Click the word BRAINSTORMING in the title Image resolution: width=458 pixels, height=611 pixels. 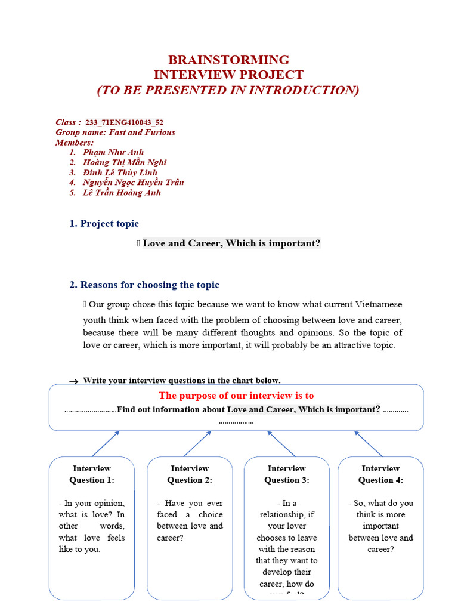[228, 60]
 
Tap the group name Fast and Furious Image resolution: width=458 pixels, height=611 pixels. [142, 132]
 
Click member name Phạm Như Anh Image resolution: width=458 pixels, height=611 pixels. [113, 152]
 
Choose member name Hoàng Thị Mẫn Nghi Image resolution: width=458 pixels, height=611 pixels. [125, 162]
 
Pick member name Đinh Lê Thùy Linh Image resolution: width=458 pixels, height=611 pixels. [120, 172]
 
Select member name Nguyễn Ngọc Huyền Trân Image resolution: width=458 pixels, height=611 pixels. [133, 183]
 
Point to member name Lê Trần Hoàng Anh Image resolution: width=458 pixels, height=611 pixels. [122, 193]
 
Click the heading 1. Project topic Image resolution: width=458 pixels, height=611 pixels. [104, 224]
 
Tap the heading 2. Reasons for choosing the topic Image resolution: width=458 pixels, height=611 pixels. [144, 285]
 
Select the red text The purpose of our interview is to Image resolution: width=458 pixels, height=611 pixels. [236, 396]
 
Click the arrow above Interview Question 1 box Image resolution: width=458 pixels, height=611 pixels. [106, 443]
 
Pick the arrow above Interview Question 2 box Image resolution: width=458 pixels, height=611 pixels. [197, 443]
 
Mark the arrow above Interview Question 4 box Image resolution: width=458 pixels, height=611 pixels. [369, 443]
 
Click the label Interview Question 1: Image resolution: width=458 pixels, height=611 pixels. [92, 474]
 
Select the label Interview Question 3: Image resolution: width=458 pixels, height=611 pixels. [287, 474]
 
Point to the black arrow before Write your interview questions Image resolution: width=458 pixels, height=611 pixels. [73, 381]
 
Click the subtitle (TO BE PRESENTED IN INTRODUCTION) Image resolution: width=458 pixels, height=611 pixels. [228, 90]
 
